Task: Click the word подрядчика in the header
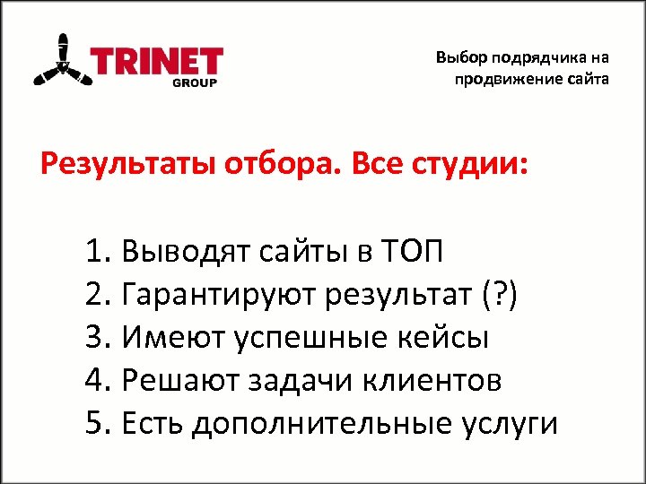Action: point(534,58)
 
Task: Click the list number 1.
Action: point(98,249)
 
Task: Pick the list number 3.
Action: point(98,337)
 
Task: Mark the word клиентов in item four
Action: point(436,381)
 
